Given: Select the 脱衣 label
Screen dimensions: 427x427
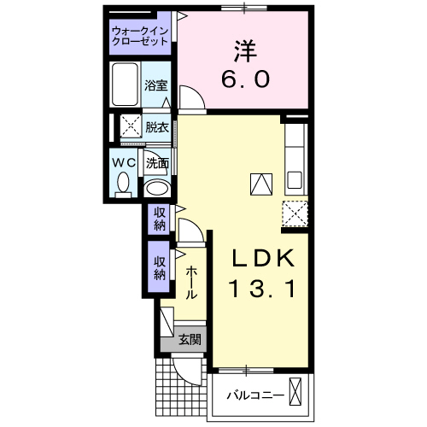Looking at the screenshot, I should click(155, 128).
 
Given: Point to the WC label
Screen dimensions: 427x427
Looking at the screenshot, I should click(121, 162).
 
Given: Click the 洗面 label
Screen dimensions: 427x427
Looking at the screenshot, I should click(155, 162).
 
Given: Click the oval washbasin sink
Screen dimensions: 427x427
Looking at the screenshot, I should click(155, 188).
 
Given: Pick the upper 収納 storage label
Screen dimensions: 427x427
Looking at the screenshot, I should click(160, 219).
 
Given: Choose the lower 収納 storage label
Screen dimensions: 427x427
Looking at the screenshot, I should click(160, 266).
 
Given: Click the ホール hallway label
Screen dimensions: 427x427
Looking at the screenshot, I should click(191, 281).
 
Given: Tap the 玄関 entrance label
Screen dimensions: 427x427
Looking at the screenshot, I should click(190, 340).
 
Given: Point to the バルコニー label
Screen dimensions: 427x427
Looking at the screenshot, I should click(254, 395).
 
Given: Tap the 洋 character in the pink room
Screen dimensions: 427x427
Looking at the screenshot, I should click(248, 49).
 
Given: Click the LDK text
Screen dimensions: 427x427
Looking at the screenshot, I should click(264, 258).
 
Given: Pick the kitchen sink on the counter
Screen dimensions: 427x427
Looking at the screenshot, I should click(295, 180).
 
